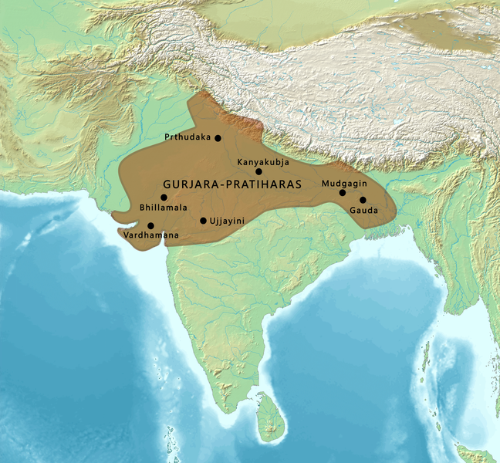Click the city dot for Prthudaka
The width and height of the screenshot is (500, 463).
tap(218, 138)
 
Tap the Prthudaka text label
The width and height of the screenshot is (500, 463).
tap(187, 137)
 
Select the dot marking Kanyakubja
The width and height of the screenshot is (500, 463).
tap(259, 171)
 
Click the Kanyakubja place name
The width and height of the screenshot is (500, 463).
tap(263, 162)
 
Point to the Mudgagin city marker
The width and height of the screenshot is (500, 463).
tap(343, 192)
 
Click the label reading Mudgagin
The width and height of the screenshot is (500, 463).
tap(341, 183)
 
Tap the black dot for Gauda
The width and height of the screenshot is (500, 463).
tap(363, 200)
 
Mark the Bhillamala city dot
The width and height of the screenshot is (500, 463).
tap(164, 198)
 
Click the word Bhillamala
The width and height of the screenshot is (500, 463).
tap(164, 208)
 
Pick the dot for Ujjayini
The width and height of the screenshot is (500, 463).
tap(203, 221)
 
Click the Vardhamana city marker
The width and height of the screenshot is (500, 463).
tap(150, 225)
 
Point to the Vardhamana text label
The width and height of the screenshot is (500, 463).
tap(151, 235)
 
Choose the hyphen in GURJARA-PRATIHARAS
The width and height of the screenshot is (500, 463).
tap(215, 185)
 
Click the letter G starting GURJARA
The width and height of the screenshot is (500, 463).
tap(167, 185)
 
